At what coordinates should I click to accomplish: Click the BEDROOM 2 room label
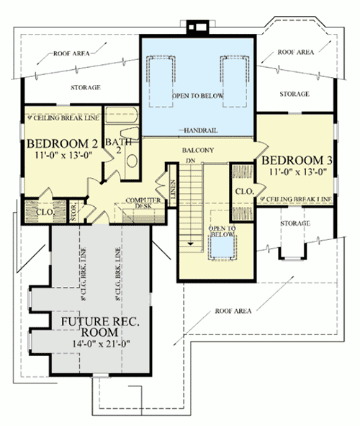[61, 143]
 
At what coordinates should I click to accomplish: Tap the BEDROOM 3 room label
[296, 161]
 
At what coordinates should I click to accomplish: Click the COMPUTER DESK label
[142, 203]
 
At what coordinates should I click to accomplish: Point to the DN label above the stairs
[191, 159]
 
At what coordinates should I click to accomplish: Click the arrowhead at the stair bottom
[192, 245]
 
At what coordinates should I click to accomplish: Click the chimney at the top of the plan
[197, 27]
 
